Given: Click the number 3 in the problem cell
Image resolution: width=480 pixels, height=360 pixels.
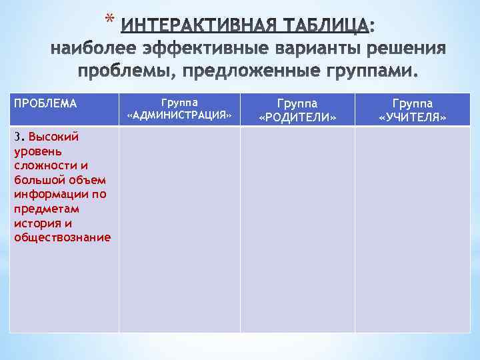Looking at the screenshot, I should coord(17,137).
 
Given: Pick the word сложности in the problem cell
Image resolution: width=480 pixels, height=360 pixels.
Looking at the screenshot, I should coord(41,165).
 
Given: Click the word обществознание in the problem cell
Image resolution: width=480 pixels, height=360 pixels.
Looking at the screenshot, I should coord(61,238).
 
